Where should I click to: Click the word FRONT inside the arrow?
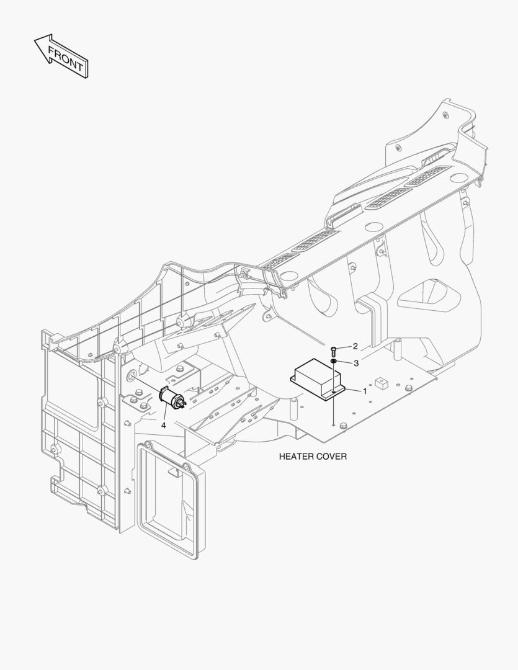click(65, 58)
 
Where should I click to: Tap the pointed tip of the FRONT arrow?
click(35, 41)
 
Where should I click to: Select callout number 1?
click(365, 391)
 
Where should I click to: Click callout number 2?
click(355, 347)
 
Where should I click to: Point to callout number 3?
click(356, 363)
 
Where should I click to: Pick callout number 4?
click(163, 425)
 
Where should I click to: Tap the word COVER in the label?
click(332, 457)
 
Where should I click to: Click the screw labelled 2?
click(333, 351)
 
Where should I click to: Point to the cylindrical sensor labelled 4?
click(172, 399)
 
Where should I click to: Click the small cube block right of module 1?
click(380, 383)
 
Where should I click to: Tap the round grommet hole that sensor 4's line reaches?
click(132, 376)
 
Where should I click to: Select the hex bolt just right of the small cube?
click(409, 388)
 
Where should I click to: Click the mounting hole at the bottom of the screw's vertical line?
click(333, 425)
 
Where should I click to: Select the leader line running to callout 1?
click(353, 390)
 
